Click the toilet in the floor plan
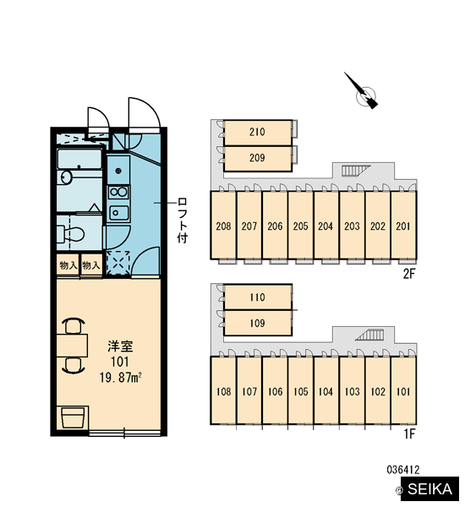coord(70,234)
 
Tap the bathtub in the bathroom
coord(79,159)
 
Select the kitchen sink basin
coord(118,213)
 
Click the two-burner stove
coord(118,193)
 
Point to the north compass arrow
coord(361,90)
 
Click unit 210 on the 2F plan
coord(258,133)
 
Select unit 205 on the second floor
coord(301,226)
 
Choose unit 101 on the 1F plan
coord(403,390)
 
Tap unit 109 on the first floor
coord(258,323)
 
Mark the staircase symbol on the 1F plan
coord(369,335)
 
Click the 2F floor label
coord(408,274)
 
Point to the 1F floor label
coord(409,434)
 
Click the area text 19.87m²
coord(121,378)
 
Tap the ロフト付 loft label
coord(183,221)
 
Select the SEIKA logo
coord(429,489)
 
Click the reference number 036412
coord(403,470)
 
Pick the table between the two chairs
coord(72,346)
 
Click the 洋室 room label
coord(120,346)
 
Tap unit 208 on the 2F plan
coord(223,226)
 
